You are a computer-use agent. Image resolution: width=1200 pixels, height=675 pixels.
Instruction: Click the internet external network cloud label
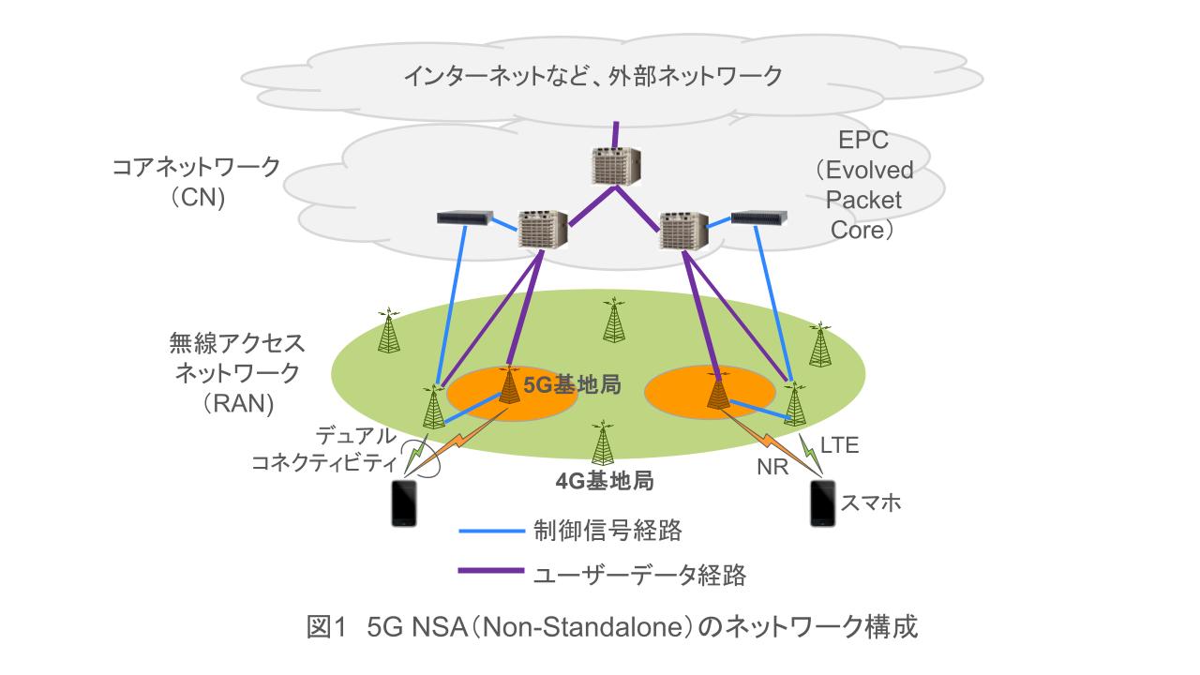(x=592, y=77)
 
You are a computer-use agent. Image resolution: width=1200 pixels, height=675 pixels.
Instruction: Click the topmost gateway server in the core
(x=614, y=165)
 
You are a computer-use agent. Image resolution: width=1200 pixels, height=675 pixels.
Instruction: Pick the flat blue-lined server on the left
(x=466, y=220)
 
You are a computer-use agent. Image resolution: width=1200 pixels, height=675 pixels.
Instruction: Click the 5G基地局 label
(x=572, y=387)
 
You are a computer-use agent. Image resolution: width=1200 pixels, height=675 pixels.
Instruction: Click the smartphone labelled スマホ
(x=822, y=504)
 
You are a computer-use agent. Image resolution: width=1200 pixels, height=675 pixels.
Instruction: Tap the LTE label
(x=839, y=445)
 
